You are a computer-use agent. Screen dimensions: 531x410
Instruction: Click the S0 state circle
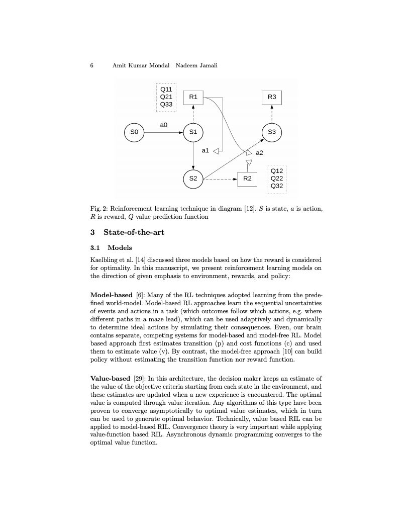pyautogui.click(x=134, y=132)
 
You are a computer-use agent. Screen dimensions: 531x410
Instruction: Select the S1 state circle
pyautogui.click(x=193, y=132)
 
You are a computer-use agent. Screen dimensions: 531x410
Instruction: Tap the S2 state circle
pyautogui.click(x=193, y=178)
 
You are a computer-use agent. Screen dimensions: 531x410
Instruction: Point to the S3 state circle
pyautogui.click(x=272, y=132)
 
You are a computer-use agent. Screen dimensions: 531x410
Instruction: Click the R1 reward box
pyautogui.click(x=193, y=97)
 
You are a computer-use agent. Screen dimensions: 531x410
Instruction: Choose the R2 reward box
pyautogui.click(x=247, y=179)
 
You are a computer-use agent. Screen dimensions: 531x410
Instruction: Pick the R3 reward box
pyautogui.click(x=272, y=97)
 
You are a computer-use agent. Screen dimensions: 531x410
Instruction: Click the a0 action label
pyautogui.click(x=164, y=124)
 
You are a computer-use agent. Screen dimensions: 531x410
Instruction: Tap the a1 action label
pyautogui.click(x=205, y=150)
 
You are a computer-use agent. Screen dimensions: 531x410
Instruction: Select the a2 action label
pyautogui.click(x=259, y=152)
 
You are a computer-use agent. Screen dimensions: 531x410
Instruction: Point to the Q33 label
pyautogui.click(x=166, y=105)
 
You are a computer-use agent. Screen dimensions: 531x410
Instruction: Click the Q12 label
pyautogui.click(x=277, y=171)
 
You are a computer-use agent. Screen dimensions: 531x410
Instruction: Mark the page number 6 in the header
pyautogui.click(x=92, y=66)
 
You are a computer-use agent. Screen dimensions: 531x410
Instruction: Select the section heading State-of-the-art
pyautogui.click(x=134, y=232)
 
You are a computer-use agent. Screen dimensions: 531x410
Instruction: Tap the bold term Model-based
pyautogui.click(x=112, y=295)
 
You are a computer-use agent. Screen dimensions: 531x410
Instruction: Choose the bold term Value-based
pyautogui.click(x=111, y=378)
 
